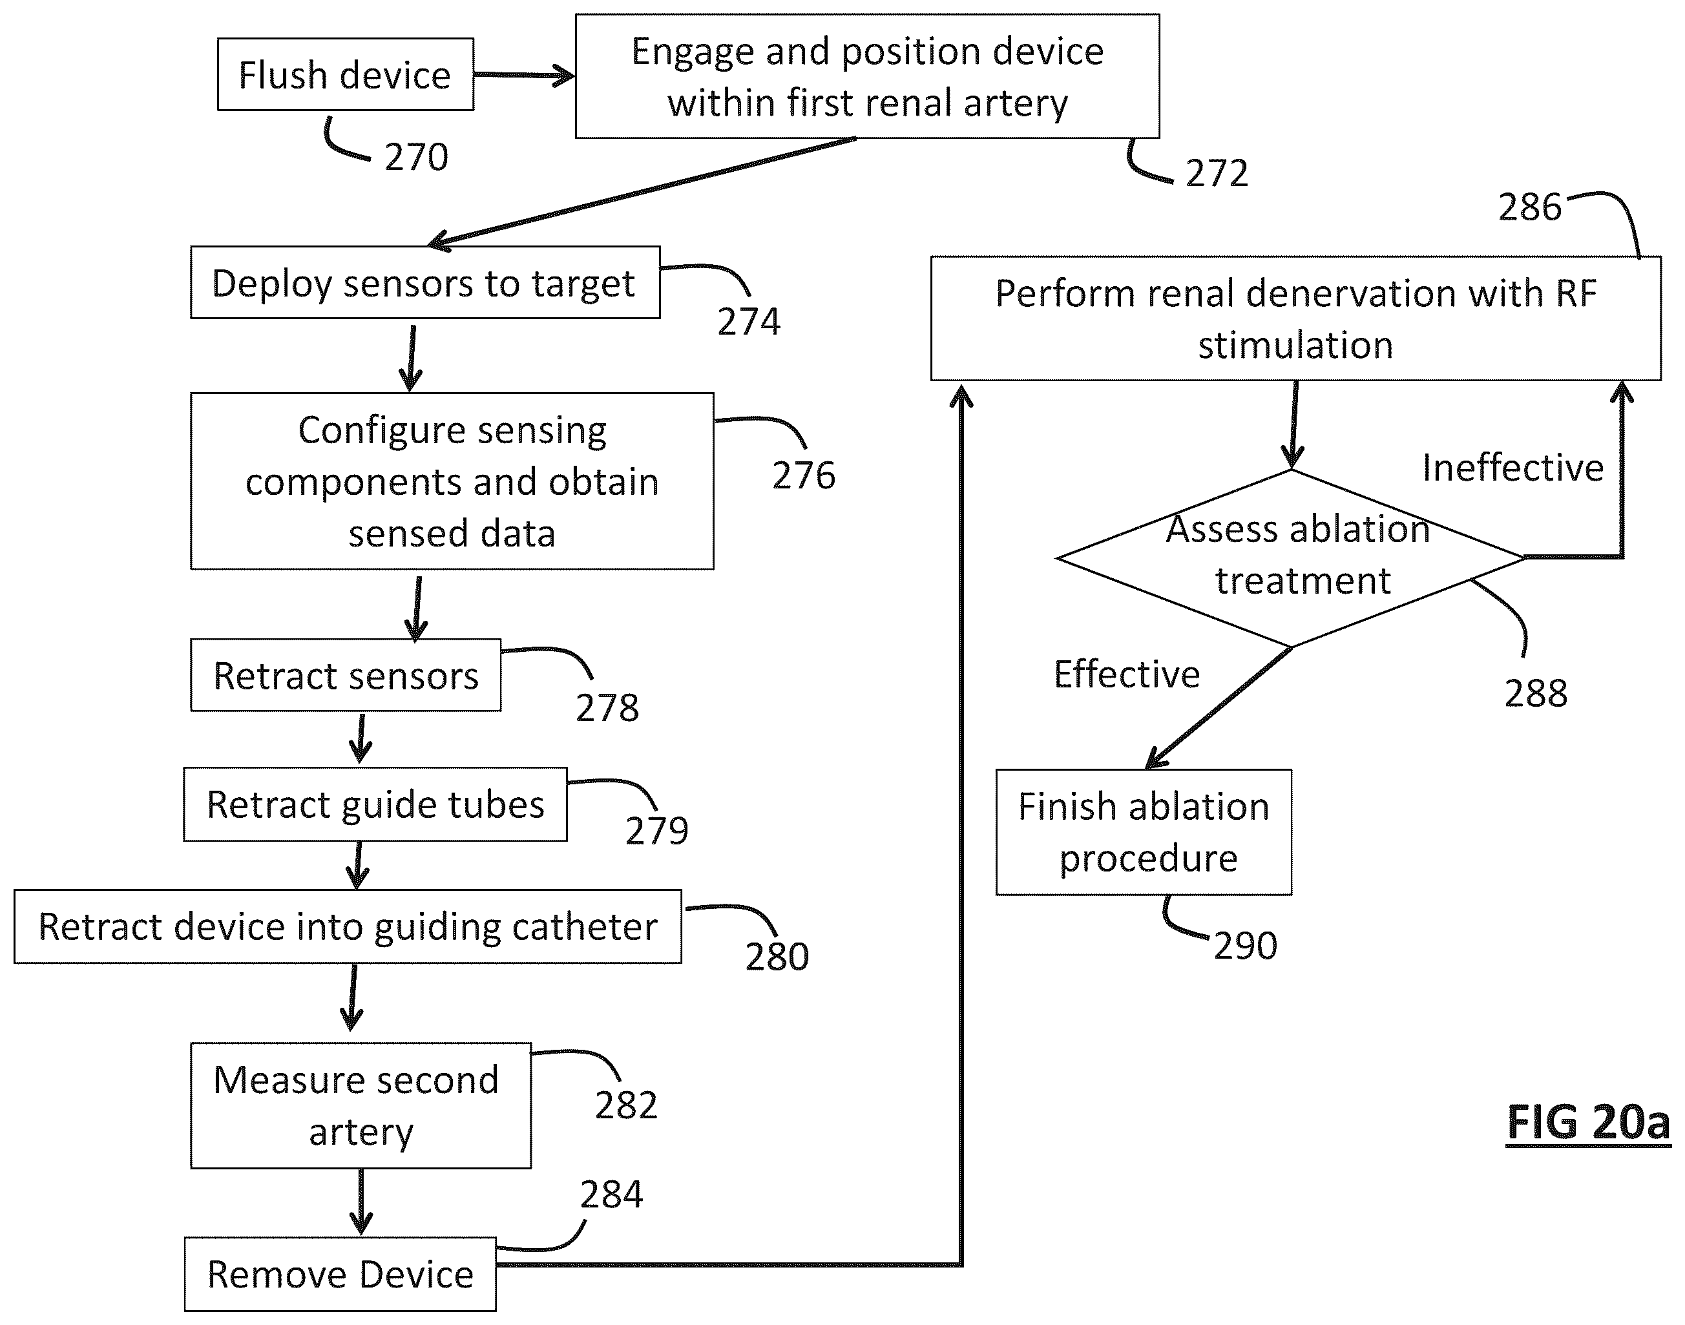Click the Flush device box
coord(345,74)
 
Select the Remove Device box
coord(340,1274)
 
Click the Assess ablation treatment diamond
coord(1292,558)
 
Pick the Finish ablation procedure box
coord(1144,831)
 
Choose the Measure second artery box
coord(361,1105)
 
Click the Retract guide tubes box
coord(375,804)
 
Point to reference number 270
coord(417,158)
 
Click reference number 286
coord(1529,207)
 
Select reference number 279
coord(657,831)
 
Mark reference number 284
coord(611,1195)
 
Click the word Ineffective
coord(1512,468)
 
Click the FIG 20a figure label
coord(1588,1123)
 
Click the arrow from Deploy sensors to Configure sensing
coord(411,359)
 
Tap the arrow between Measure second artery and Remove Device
coord(361,1202)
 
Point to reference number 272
coord(1217,173)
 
